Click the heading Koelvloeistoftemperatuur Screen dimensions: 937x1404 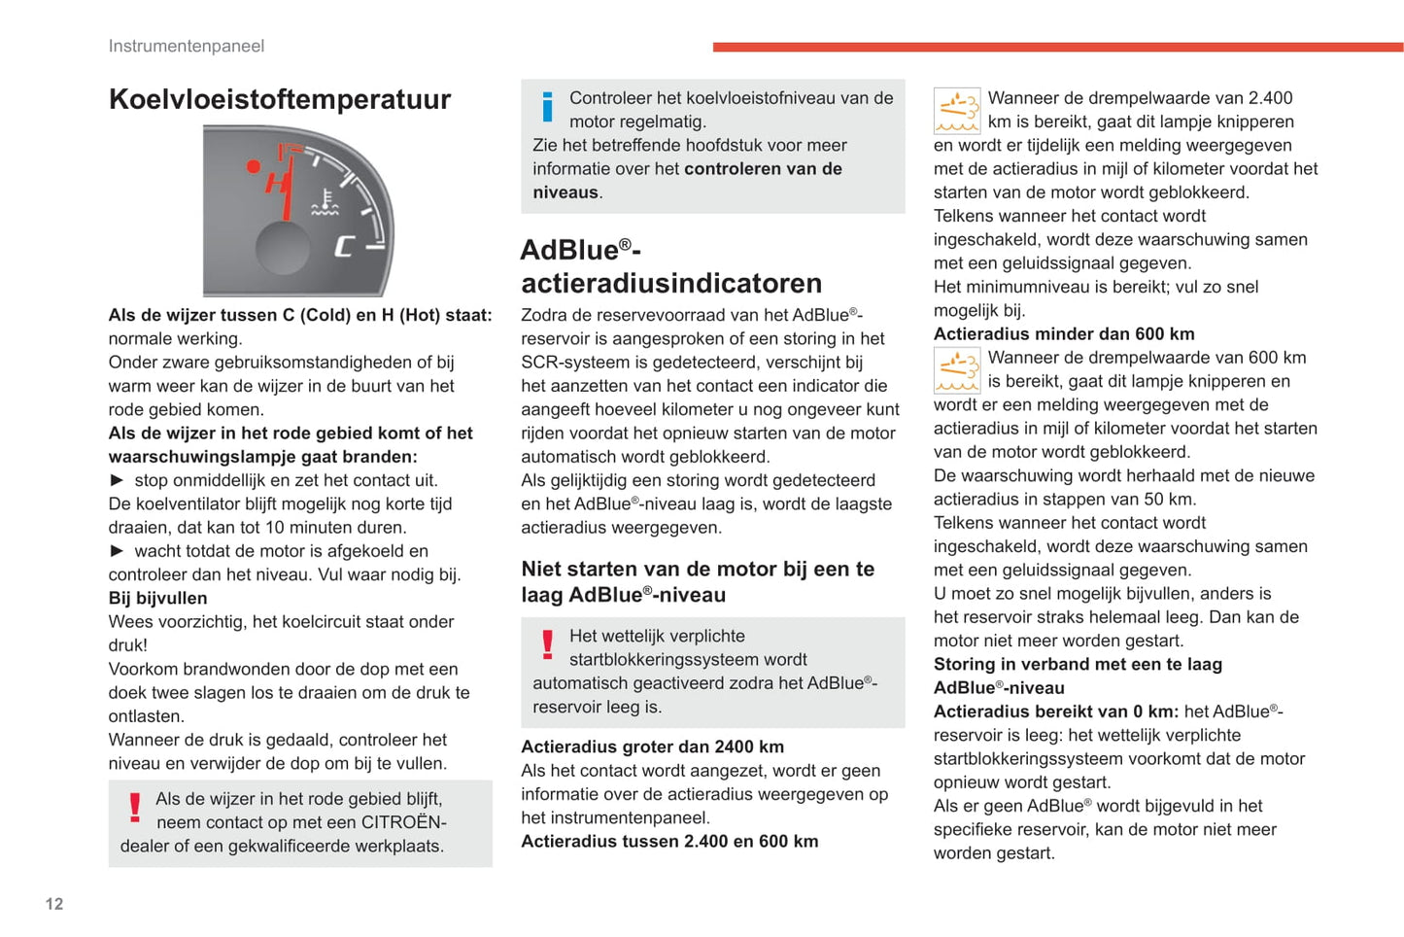280,99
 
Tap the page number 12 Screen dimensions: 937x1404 54,904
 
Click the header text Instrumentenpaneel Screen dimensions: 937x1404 187,46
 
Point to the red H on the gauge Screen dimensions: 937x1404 276,182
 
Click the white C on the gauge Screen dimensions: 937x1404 344,247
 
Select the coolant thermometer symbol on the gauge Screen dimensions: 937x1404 325,203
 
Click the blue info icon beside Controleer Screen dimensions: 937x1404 547,107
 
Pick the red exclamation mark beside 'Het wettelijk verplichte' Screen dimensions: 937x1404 547,645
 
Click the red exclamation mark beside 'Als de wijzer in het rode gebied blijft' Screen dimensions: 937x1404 135,808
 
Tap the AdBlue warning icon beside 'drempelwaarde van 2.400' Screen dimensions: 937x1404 957,110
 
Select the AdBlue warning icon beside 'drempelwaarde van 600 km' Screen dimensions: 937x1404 957,370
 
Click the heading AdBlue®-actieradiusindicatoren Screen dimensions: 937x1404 671,266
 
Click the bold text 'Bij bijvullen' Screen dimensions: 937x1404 157,598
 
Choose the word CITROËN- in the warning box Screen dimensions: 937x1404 403,822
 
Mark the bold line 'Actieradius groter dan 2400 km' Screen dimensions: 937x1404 652,746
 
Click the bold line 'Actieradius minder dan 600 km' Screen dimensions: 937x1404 1064,333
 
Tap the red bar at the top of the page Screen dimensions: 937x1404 1057,47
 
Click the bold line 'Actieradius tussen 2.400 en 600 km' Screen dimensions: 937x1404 669,841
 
